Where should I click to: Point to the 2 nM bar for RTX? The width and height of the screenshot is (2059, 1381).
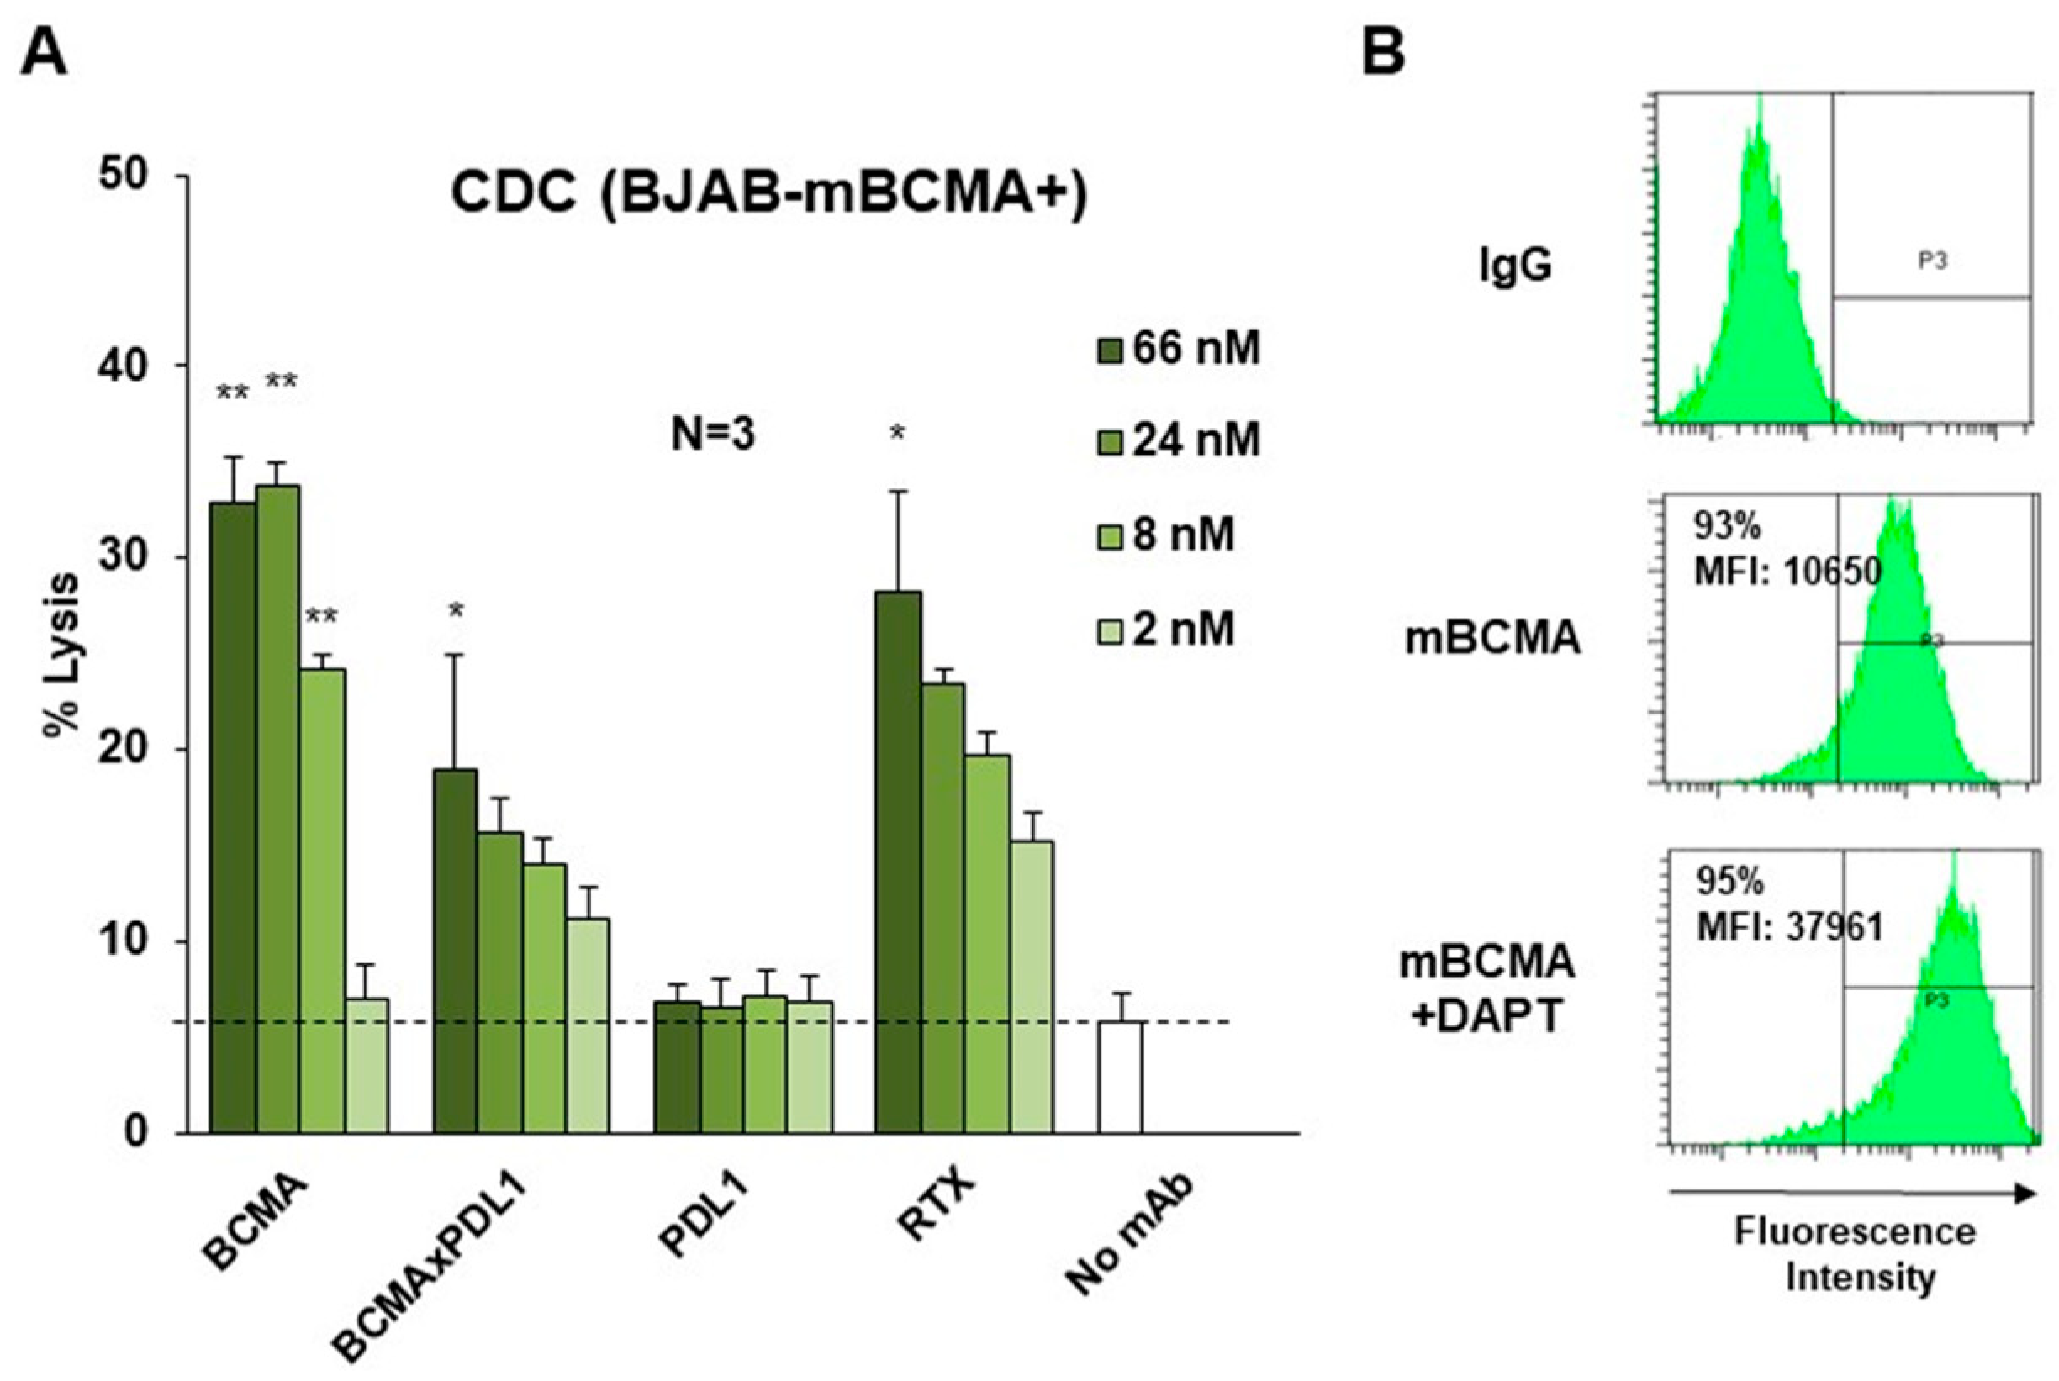tap(1032, 986)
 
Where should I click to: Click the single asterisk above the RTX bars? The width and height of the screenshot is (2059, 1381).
tap(897, 434)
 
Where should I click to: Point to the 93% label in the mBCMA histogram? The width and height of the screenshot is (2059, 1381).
tap(1726, 527)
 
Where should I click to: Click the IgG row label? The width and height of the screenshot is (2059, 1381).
tap(1514, 265)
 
